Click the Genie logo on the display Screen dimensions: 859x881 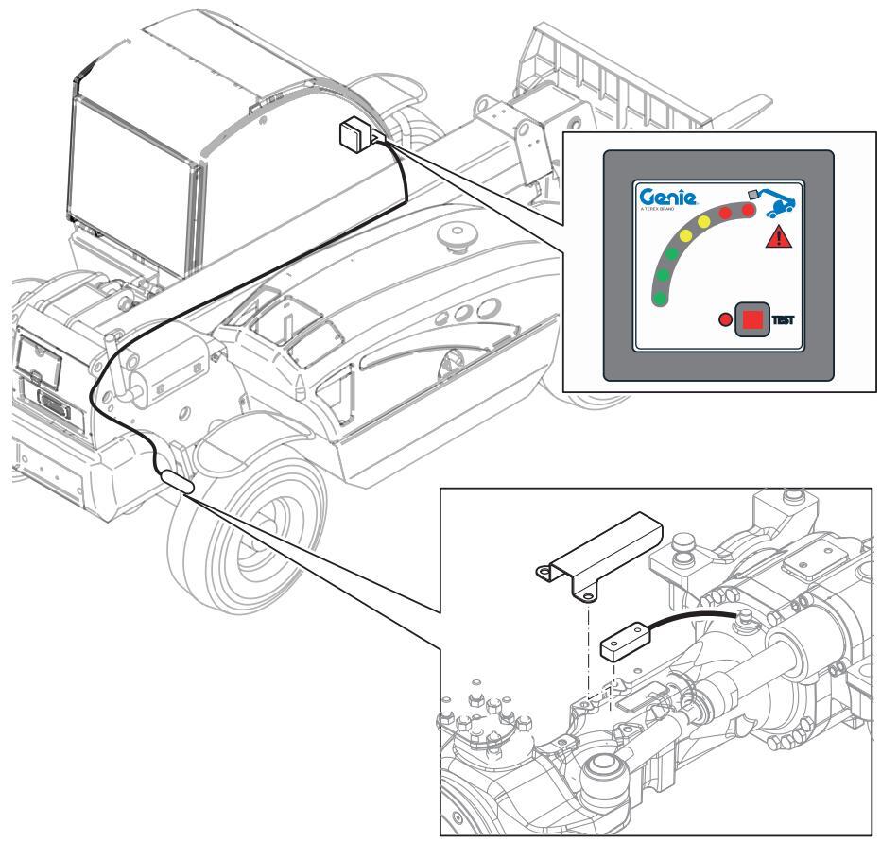pyautogui.click(x=666, y=198)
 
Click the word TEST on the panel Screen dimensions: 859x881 pyautogui.click(x=784, y=320)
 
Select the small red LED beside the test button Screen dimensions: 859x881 pyautogui.click(x=726, y=320)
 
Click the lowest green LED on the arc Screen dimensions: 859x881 pyautogui.click(x=659, y=299)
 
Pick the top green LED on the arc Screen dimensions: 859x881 pyautogui.click(x=673, y=254)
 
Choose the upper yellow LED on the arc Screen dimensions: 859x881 pyautogui.click(x=705, y=221)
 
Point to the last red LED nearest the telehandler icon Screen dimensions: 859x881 pyautogui.click(x=748, y=211)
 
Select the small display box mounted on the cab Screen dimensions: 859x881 pyautogui.click(x=351, y=135)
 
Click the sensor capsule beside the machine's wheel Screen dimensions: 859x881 pyautogui.click(x=178, y=485)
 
